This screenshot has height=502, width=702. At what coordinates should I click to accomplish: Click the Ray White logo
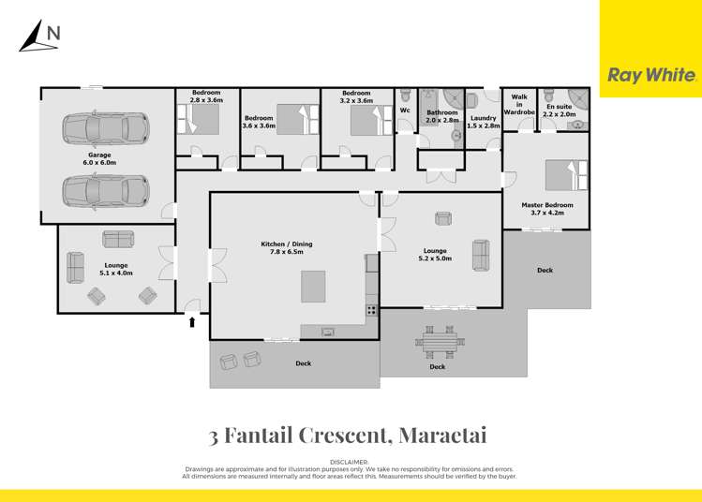click(x=652, y=76)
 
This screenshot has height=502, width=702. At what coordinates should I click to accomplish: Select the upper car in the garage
click(x=106, y=129)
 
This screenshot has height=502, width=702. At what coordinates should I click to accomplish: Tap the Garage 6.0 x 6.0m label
click(x=99, y=158)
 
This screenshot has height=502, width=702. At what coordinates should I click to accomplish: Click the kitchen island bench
click(x=313, y=287)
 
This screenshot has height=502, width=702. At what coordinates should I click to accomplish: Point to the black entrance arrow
click(x=193, y=322)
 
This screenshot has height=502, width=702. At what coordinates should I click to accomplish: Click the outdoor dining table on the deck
click(x=438, y=344)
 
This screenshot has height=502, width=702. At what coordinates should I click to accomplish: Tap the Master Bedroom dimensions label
click(x=547, y=208)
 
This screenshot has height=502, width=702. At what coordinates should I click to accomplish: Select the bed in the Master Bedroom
click(x=567, y=174)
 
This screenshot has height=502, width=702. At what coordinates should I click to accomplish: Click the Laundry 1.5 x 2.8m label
click(x=484, y=122)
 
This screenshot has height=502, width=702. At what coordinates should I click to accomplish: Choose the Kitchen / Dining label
click(x=287, y=248)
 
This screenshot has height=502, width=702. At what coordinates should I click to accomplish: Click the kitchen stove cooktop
click(x=371, y=310)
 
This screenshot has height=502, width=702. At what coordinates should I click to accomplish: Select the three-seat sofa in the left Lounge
click(x=118, y=239)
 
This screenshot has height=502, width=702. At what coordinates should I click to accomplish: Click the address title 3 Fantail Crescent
click(x=348, y=436)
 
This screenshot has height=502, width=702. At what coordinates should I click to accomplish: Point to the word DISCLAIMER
click(x=349, y=463)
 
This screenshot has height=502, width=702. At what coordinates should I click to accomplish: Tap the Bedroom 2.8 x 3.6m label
click(x=206, y=96)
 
